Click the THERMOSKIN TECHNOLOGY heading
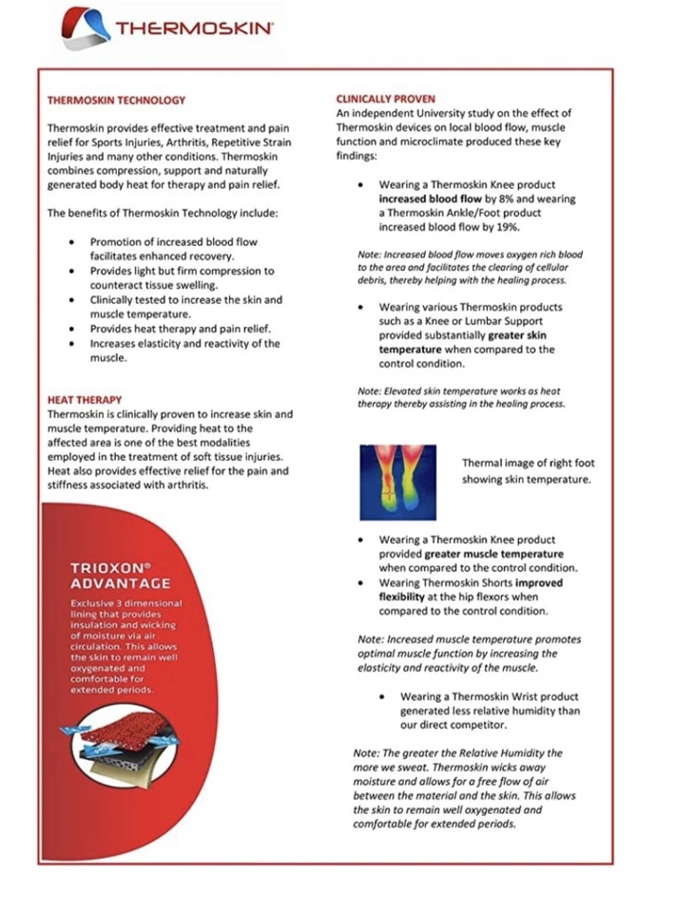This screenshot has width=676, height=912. click(116, 100)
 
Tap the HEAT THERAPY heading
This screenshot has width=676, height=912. click(82, 400)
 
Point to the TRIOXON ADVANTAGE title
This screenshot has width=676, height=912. click(121, 575)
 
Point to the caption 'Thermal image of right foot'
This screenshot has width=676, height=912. click(528, 463)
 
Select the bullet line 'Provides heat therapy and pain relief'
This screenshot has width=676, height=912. click(181, 329)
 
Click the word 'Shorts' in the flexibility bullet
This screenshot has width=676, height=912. click(496, 582)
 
